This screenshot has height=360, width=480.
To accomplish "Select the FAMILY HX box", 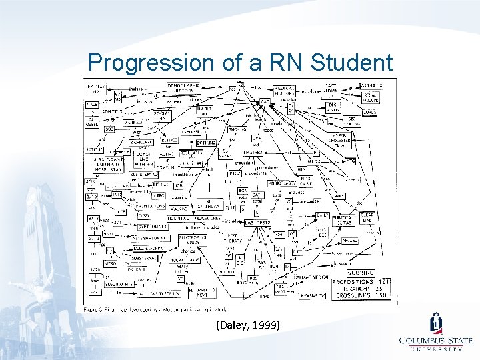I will click(95, 88).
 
